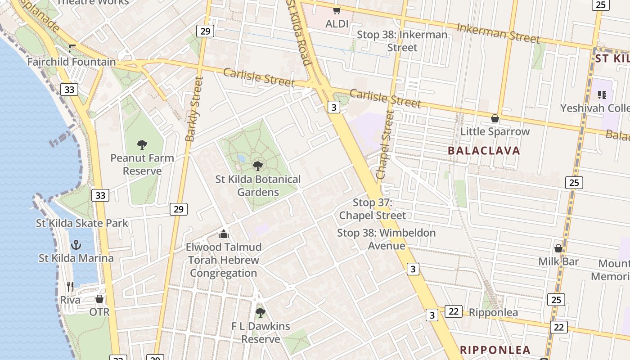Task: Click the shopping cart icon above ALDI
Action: click(x=337, y=10)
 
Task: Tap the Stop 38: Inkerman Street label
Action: click(x=402, y=41)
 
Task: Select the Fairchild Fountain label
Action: click(x=72, y=62)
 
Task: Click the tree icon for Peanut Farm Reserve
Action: click(x=142, y=145)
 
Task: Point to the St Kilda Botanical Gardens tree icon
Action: click(x=258, y=166)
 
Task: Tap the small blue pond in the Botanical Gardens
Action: click(x=241, y=159)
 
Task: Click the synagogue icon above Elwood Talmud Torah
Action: click(x=224, y=234)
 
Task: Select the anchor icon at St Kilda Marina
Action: click(x=76, y=245)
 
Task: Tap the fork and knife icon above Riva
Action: click(x=70, y=287)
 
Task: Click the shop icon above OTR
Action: click(x=99, y=299)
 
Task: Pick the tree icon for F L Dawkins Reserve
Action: click(x=260, y=312)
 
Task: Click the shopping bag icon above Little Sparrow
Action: click(x=495, y=118)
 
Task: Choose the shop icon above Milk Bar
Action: click(x=558, y=248)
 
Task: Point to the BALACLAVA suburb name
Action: click(x=484, y=151)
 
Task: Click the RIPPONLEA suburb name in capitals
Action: click(x=495, y=350)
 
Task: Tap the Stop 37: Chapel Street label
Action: click(x=373, y=209)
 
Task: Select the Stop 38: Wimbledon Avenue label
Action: click(x=387, y=239)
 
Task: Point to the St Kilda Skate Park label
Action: click(x=82, y=223)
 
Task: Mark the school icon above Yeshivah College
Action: click(x=602, y=94)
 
